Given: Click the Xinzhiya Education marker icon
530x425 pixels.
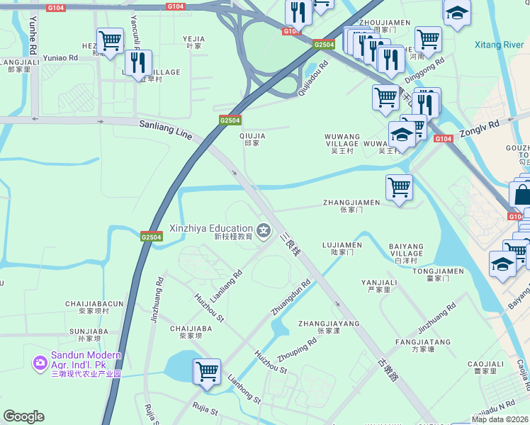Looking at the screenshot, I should (x=264, y=229).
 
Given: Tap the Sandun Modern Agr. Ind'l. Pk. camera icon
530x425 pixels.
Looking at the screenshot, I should (x=40, y=361).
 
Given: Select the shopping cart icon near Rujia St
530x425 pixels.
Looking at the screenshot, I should (x=207, y=371).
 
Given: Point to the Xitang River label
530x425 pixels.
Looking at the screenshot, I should (x=499, y=45).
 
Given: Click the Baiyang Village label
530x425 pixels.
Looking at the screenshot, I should (x=406, y=250).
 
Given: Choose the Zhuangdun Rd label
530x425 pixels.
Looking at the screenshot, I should (x=291, y=298).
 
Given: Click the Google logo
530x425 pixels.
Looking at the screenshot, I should (x=23, y=416).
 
